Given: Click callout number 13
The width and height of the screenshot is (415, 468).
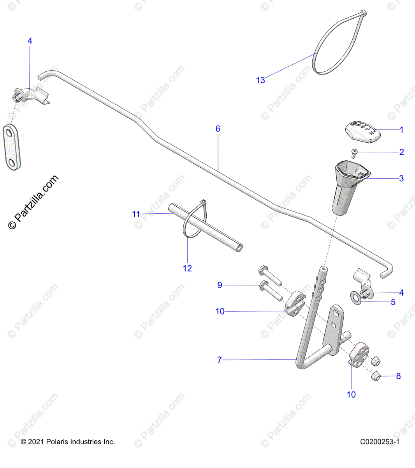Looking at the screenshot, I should tap(260, 80).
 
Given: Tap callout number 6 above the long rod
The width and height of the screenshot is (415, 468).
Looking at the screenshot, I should tap(218, 129).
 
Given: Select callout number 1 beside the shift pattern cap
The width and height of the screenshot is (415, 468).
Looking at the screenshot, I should tap(402, 130).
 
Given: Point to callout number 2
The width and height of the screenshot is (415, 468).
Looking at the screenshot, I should tap(402, 152).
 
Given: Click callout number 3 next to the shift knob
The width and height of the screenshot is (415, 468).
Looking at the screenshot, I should tap(401, 179).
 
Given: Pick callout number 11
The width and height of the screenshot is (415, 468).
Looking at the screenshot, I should tap(135, 214).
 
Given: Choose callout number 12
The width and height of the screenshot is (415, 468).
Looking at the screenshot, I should tap(187, 268).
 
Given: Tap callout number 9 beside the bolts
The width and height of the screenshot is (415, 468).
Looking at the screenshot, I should tap(220, 285).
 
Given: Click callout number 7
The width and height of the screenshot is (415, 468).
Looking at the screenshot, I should tap(219, 360).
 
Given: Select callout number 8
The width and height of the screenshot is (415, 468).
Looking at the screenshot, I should tap(398, 376).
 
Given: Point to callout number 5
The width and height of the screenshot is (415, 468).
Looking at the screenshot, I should tap(393, 302).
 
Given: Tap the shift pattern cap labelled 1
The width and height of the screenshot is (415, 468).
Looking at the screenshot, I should tap(362, 131).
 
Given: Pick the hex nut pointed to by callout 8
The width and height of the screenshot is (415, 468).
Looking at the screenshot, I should tap(375, 376).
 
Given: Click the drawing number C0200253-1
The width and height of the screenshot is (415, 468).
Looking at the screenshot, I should tap(380, 442).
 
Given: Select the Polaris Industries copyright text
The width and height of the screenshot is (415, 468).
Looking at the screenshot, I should tap(68, 442).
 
